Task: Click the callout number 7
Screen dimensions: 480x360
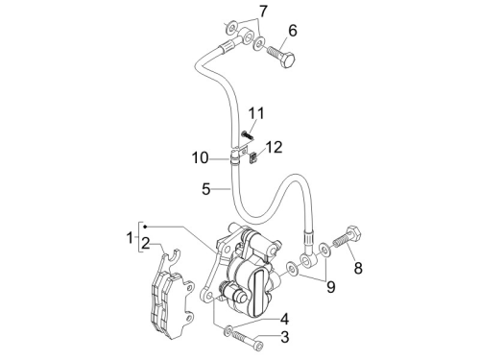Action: [x=263, y=12]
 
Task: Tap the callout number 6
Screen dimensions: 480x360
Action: [x=293, y=31]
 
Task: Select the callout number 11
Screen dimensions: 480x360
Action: [x=256, y=113]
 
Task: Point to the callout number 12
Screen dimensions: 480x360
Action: [x=274, y=147]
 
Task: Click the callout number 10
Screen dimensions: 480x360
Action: [x=200, y=158]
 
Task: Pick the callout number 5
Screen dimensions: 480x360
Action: [x=206, y=189]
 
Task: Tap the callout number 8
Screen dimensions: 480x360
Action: [x=358, y=268]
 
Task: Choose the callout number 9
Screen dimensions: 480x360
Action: [x=330, y=287]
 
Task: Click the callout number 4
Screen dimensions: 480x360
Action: [x=284, y=320]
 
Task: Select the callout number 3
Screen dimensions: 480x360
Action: [x=284, y=337]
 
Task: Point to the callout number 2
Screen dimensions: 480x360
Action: [x=146, y=244]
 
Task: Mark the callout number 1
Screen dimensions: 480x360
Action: [x=130, y=238]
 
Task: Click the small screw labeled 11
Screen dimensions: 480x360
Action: [x=248, y=135]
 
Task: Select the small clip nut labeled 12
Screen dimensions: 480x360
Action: [x=253, y=157]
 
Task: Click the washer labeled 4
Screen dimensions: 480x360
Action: [x=228, y=330]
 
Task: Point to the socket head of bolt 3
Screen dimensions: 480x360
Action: [x=258, y=346]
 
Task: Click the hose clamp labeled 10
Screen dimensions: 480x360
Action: [x=235, y=158]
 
